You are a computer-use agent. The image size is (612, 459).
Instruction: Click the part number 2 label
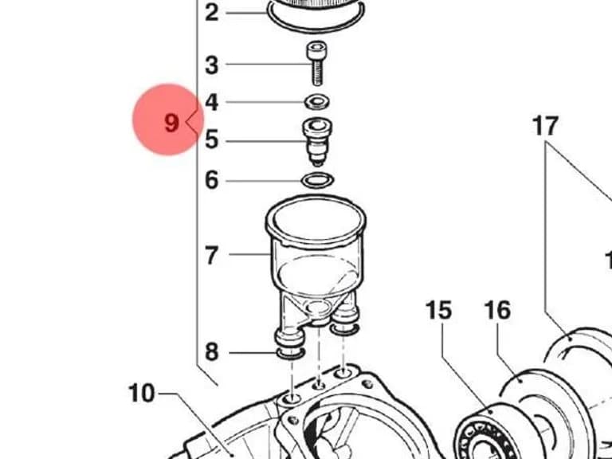coord(211,13)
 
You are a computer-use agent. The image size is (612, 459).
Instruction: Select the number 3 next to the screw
coord(211,65)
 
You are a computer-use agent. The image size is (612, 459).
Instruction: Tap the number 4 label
coord(211,102)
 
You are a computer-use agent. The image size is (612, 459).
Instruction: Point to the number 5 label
coord(212,139)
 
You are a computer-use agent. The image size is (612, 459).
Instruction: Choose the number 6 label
coord(212,180)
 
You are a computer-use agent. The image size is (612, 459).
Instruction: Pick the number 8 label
coord(211,352)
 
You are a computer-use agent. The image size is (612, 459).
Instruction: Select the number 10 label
coord(141,393)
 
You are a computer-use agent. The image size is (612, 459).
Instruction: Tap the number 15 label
coord(439,311)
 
